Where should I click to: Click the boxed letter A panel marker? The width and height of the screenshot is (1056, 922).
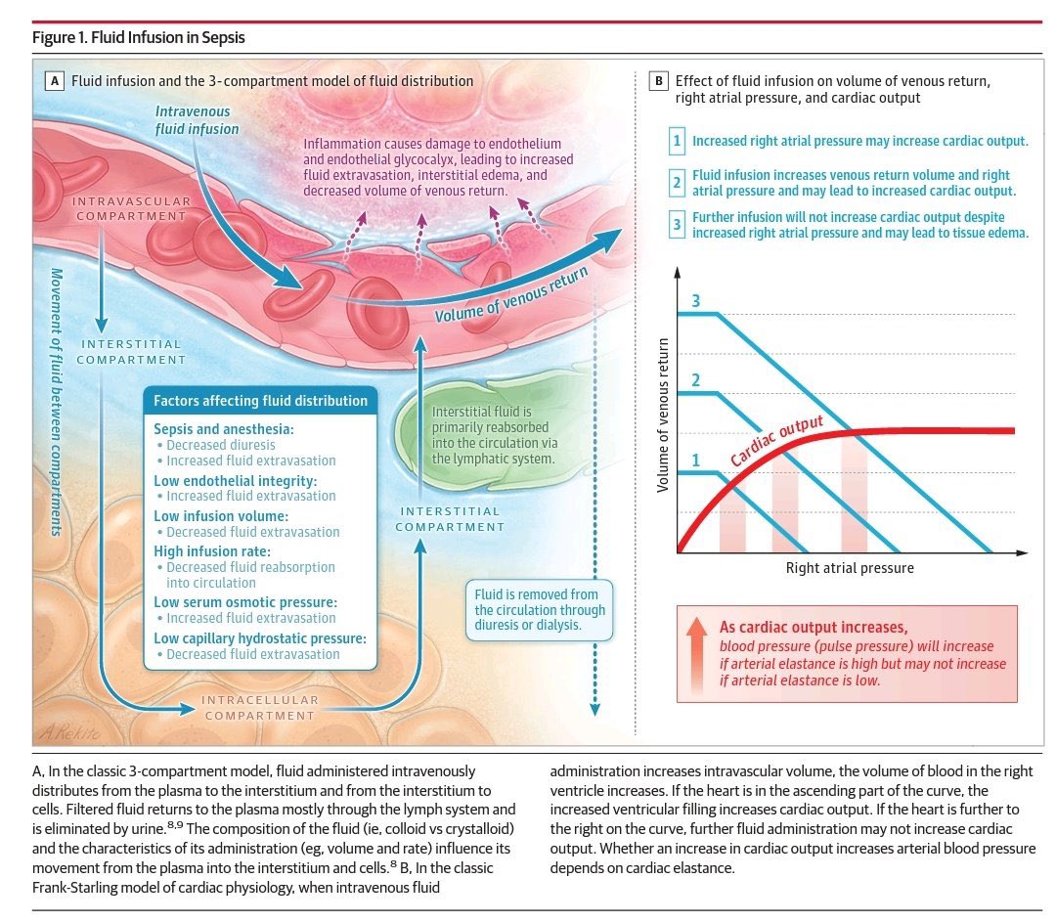[x=56, y=81]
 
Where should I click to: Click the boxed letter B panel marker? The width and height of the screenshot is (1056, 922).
[x=660, y=81]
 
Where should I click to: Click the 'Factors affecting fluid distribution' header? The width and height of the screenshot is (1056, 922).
[x=260, y=401]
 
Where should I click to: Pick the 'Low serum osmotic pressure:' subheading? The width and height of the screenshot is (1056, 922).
[x=245, y=602]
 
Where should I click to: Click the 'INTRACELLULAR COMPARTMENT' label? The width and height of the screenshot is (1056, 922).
[x=260, y=707]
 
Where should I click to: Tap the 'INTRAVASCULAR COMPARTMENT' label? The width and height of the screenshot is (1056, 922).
[x=130, y=207]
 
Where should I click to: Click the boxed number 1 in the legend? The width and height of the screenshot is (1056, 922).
[x=677, y=141]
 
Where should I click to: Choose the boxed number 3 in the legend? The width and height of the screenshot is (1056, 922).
[x=677, y=225]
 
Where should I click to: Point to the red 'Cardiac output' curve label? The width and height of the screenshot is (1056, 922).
[x=777, y=439]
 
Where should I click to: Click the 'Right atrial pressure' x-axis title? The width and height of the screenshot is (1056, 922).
[x=850, y=567]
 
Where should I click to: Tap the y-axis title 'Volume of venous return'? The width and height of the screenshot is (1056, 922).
[x=663, y=415]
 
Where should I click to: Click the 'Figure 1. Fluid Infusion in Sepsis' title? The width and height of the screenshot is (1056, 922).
[x=138, y=38]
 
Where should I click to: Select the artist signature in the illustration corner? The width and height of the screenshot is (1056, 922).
[x=62, y=730]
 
